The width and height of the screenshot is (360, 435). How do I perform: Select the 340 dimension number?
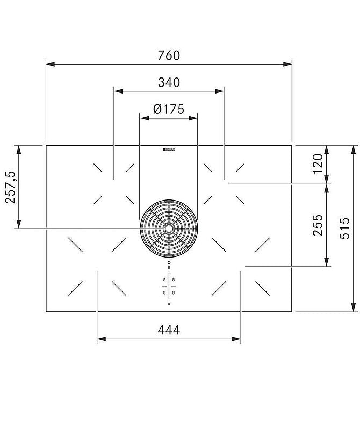[x=169, y=82]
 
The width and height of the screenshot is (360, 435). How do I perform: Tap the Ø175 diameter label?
[x=168, y=109]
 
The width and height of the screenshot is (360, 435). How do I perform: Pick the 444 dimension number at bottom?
[x=169, y=330]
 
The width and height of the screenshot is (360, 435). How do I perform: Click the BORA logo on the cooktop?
[x=169, y=148]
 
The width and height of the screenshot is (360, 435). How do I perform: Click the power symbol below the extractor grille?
[x=169, y=262]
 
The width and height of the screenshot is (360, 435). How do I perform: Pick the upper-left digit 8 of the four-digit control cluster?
[x=164, y=280]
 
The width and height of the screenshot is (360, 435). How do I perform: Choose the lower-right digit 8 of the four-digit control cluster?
[x=174, y=292]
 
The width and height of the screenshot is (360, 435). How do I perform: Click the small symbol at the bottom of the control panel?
[x=169, y=304]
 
